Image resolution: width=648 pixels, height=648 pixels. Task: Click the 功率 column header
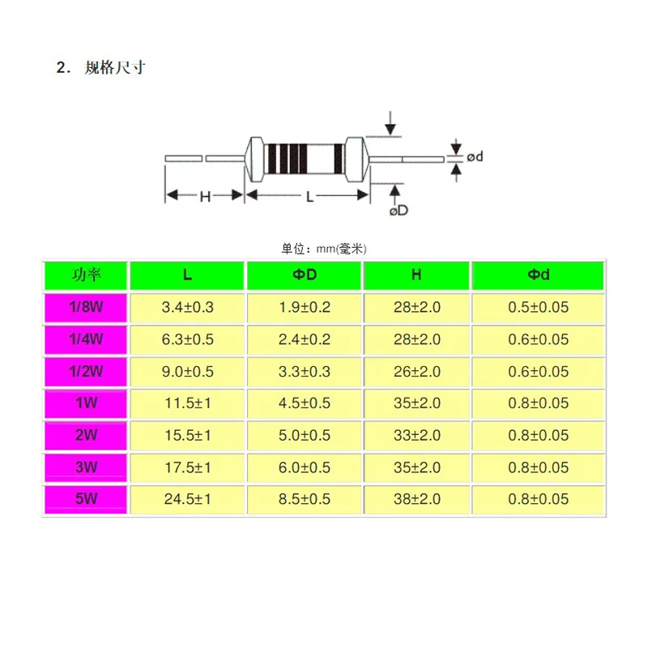tap(86, 275)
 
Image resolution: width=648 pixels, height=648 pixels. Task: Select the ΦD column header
tap(305, 275)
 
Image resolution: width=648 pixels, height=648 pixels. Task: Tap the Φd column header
tap(539, 275)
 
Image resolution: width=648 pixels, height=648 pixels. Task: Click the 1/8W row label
tap(86, 307)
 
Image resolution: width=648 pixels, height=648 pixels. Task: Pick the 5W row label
tap(86, 499)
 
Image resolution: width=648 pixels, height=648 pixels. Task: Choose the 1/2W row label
tap(86, 371)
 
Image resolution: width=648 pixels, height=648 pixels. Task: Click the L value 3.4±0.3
tap(188, 307)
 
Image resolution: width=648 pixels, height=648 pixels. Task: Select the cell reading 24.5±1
tap(188, 499)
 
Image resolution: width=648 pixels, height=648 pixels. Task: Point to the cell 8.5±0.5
tap(305, 499)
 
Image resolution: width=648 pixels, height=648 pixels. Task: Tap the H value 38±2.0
tap(417, 499)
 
